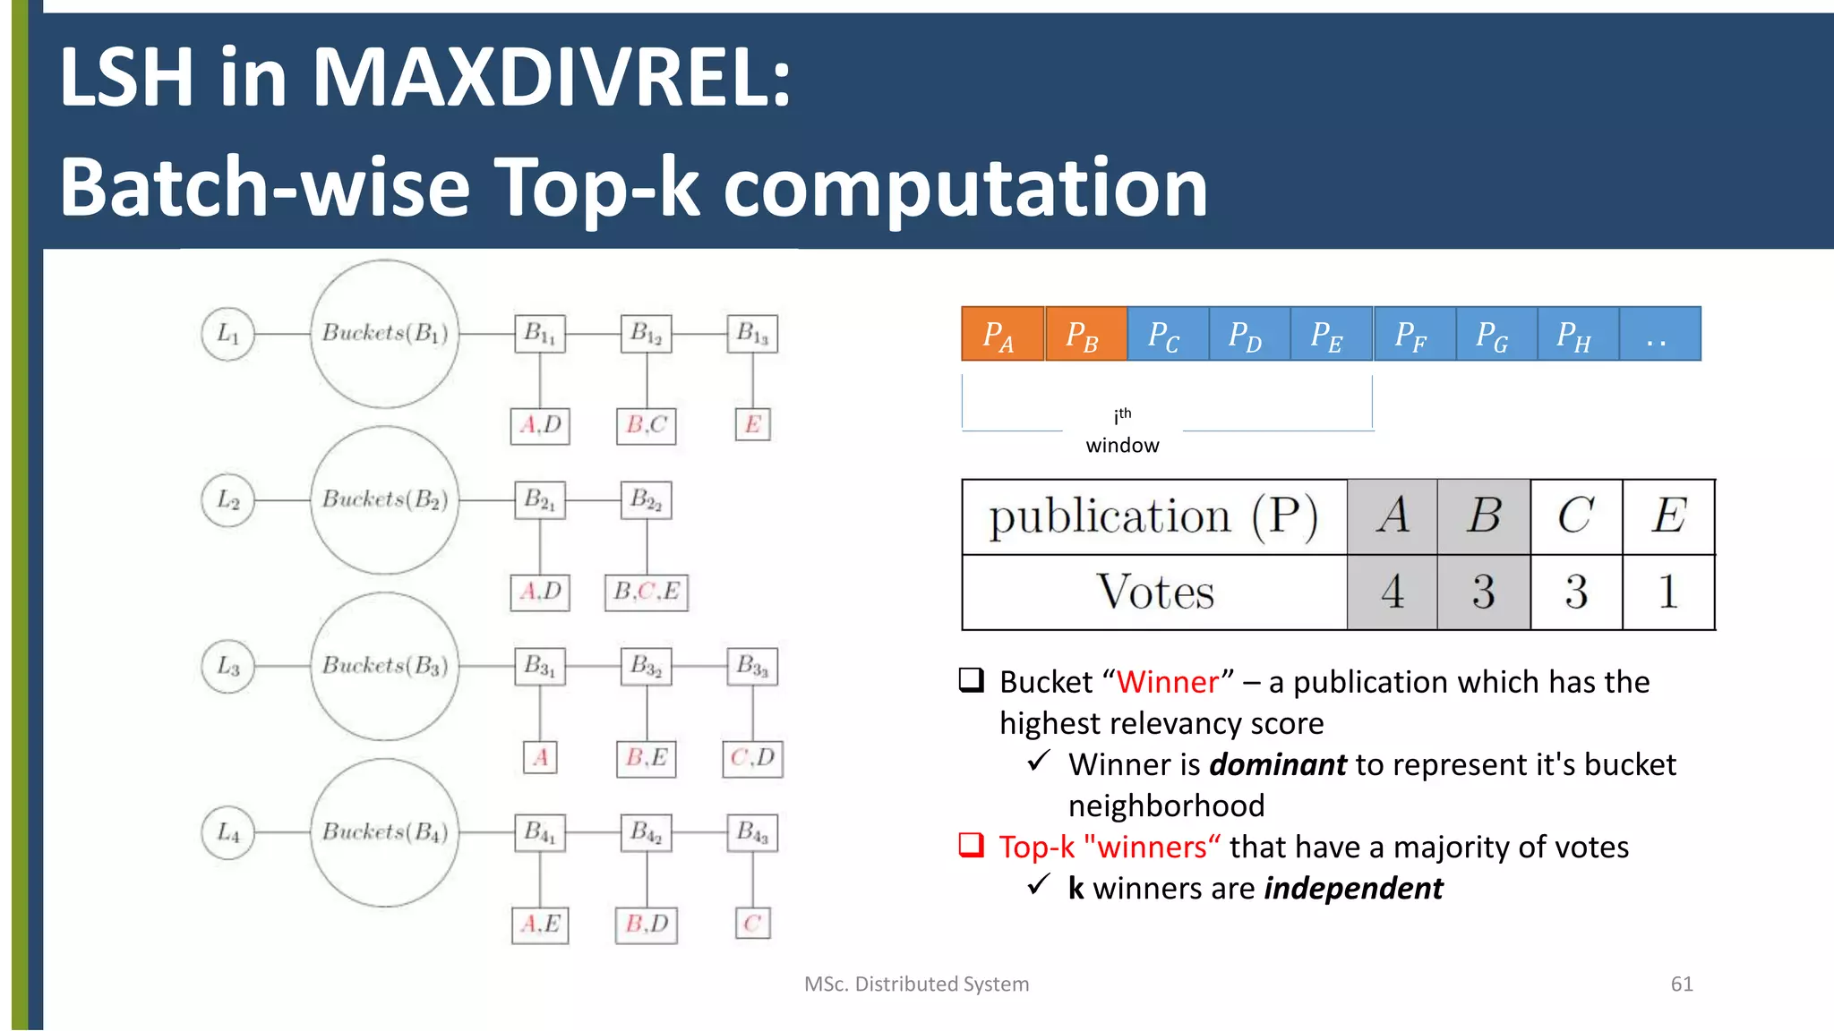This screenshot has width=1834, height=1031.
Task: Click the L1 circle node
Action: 227,334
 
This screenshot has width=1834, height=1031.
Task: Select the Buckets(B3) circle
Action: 384,666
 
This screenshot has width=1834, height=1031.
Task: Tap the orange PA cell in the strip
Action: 1001,335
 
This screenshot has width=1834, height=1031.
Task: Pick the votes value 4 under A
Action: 1392,592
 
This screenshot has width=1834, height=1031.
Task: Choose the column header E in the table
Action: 1667,516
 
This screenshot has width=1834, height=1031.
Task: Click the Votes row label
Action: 1154,592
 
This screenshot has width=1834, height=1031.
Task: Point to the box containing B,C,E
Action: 647,592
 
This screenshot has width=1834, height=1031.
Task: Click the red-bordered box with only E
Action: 752,424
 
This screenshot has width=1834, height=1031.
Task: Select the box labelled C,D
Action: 752,758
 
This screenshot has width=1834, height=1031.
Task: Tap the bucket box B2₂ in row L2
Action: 647,500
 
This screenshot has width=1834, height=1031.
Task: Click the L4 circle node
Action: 227,833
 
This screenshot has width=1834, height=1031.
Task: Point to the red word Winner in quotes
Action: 1167,682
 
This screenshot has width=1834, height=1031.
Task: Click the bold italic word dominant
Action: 1278,764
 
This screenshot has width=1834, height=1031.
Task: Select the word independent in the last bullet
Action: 1353,888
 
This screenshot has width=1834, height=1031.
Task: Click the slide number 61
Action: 1681,984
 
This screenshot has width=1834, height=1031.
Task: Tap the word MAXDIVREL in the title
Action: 551,78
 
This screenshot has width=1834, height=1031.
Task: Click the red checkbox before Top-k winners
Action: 972,845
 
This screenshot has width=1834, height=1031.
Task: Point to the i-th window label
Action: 1122,430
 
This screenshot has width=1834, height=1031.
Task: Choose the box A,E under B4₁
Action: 540,924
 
